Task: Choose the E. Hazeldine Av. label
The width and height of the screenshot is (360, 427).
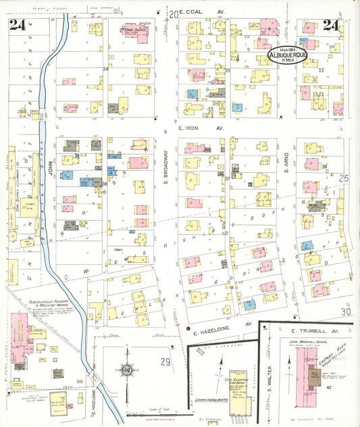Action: point(220,332)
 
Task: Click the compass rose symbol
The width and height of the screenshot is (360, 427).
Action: point(126,370)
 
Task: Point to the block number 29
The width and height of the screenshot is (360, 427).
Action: point(165,362)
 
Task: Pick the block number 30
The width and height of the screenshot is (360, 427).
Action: point(346,311)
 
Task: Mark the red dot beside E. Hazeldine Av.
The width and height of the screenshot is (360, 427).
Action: point(188,328)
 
